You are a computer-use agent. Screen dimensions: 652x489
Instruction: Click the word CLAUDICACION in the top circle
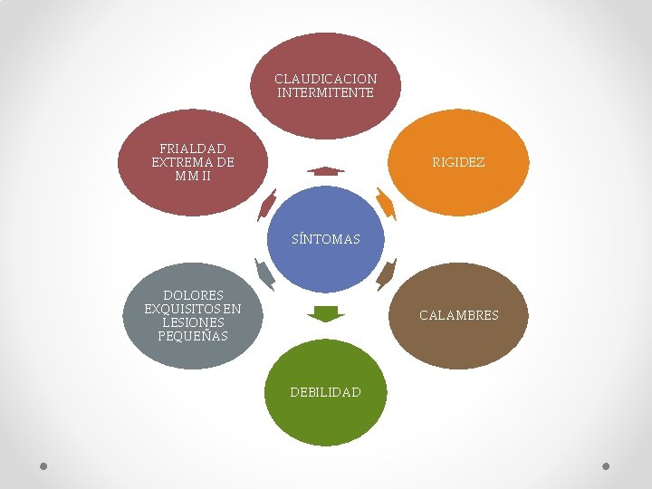click(x=326, y=79)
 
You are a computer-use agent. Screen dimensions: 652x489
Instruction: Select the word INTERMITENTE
click(x=326, y=92)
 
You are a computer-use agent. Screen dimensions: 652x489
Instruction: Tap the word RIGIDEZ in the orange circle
click(x=458, y=162)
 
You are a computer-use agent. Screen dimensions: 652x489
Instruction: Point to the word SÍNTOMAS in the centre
click(x=326, y=239)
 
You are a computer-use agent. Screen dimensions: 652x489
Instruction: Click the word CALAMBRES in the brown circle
click(x=458, y=315)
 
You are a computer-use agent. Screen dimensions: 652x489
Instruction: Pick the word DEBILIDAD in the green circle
click(x=326, y=392)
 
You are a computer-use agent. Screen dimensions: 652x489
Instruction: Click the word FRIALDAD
click(x=193, y=149)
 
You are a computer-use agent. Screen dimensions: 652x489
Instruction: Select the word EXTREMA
click(x=179, y=162)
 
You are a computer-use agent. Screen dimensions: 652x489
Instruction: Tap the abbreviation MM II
click(x=193, y=176)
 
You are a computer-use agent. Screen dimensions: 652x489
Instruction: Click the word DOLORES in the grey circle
click(x=193, y=295)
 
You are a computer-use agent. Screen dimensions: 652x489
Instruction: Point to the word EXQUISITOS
click(x=182, y=309)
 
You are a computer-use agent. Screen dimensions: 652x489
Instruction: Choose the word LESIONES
click(x=193, y=322)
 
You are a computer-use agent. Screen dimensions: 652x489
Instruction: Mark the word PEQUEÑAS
click(x=193, y=336)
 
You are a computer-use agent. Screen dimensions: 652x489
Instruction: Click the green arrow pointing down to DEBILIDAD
click(x=326, y=314)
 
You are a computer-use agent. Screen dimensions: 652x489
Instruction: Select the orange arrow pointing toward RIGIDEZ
click(x=387, y=204)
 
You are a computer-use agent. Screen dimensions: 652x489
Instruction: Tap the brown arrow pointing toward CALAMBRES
click(x=387, y=274)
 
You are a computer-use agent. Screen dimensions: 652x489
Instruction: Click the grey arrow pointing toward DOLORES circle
click(x=264, y=274)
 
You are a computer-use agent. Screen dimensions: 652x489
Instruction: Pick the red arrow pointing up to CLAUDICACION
click(x=326, y=171)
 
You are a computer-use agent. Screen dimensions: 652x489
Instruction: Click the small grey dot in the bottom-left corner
click(x=43, y=466)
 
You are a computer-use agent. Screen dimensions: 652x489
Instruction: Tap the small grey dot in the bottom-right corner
click(x=606, y=466)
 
